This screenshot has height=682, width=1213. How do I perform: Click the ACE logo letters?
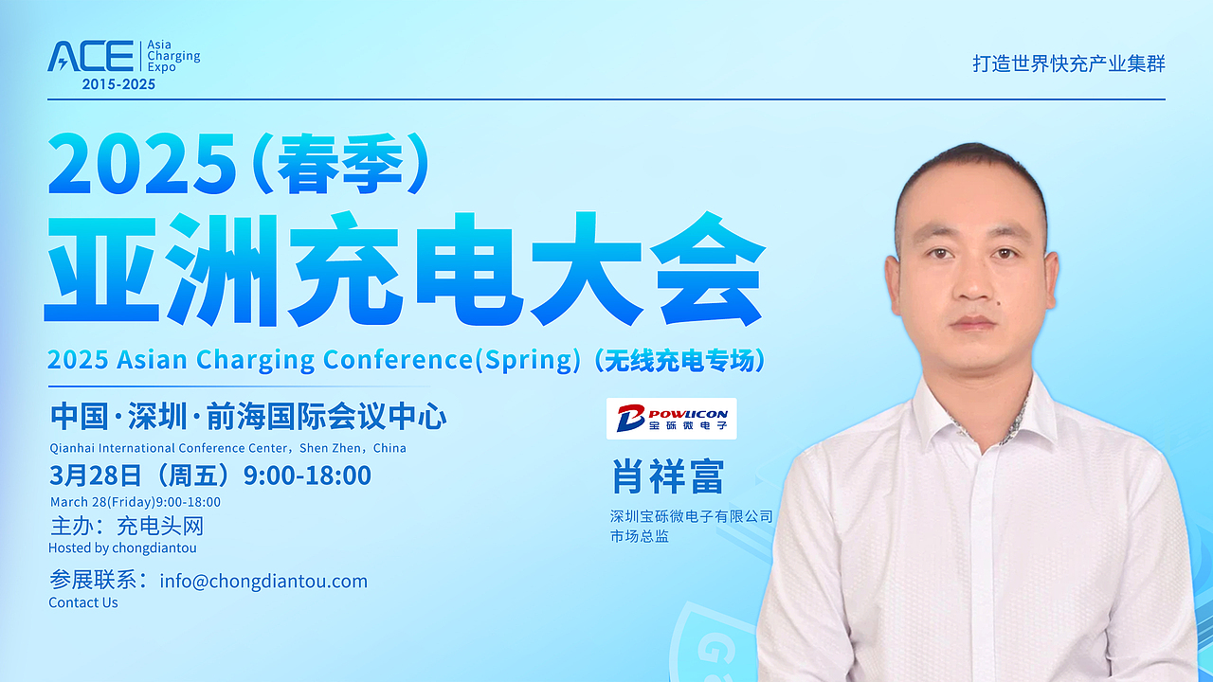click(90, 56)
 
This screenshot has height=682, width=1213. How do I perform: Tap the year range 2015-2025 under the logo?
click(118, 84)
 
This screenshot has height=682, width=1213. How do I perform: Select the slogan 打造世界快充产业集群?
click(1069, 63)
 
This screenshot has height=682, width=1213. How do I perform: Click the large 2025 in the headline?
click(142, 163)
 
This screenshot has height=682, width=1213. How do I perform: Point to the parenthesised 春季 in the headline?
click(341, 163)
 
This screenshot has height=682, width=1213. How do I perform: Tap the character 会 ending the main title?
click(708, 269)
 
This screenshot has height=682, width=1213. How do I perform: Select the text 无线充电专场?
click(679, 361)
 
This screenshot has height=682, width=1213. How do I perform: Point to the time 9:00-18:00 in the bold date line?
click(308, 476)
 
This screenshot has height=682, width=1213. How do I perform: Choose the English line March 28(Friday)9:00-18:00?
click(136, 502)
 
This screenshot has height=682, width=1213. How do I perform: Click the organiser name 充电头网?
click(160, 526)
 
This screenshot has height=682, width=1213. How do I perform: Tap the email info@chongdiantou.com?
click(263, 582)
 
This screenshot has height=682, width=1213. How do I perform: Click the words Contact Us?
click(82, 602)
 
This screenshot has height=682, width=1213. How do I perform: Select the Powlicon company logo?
click(672, 419)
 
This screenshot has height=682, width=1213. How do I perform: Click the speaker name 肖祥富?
click(668, 476)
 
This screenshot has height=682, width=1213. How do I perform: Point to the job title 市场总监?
click(640, 536)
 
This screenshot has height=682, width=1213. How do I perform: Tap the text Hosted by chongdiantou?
click(122, 547)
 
